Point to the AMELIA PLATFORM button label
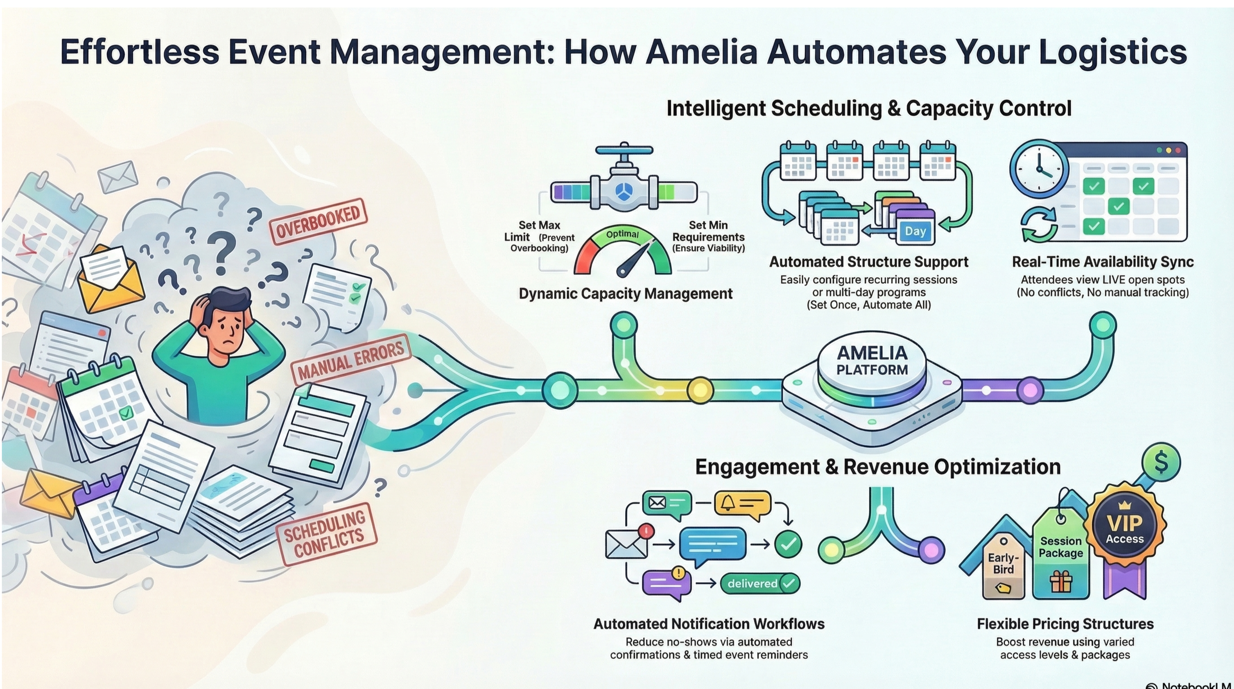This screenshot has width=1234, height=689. [x=872, y=361]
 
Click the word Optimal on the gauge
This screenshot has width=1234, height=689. [x=622, y=234]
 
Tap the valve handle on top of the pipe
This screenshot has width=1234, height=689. [x=624, y=150]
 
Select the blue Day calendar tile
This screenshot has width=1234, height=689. [x=915, y=231]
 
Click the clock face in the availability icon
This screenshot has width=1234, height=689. [x=1038, y=169]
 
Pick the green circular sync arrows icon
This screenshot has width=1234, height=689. [x=1038, y=224]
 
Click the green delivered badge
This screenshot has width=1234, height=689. [x=760, y=584]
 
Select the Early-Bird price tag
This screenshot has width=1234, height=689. [x=1003, y=565]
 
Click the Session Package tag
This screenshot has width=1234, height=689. [x=1060, y=556]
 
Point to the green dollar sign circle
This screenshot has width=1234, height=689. [x=1161, y=463]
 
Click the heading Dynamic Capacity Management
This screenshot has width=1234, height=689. [x=626, y=294]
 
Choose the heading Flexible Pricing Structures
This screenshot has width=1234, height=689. [x=1065, y=624]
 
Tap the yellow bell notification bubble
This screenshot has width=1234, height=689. [x=742, y=504]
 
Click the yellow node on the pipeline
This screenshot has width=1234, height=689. [x=700, y=391]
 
